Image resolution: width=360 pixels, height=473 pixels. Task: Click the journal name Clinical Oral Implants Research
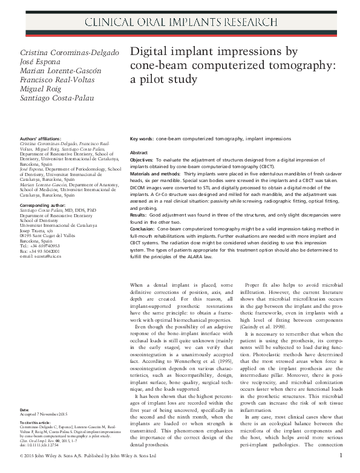coord(179,24)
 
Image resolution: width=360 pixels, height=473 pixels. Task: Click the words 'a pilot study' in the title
coord(164,79)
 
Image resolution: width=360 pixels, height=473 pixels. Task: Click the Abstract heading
coord(139,153)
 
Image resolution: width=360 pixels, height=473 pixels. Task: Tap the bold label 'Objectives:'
coord(145,161)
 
